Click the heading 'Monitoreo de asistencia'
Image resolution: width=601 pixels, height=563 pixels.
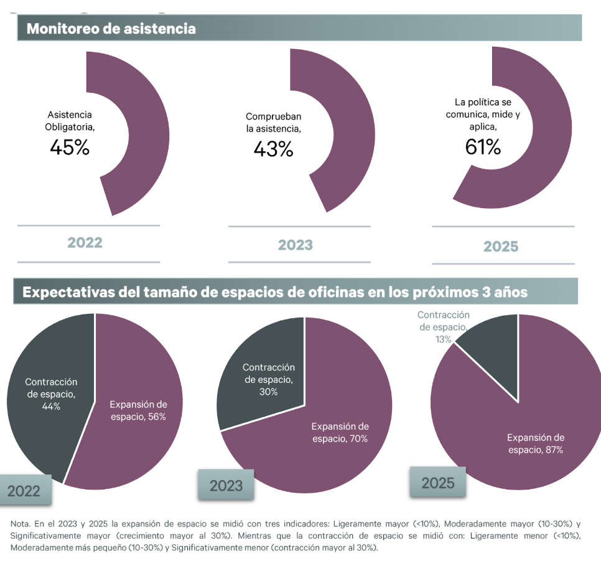tap(111, 29)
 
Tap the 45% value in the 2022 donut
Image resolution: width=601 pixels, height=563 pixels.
tap(69, 148)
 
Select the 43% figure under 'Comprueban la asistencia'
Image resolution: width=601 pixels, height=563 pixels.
tap(273, 149)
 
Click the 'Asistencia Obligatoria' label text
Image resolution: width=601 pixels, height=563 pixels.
tap(69, 121)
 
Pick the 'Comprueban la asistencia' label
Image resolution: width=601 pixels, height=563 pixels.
tap(273, 123)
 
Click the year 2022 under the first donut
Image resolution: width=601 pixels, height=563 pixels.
tap(85, 243)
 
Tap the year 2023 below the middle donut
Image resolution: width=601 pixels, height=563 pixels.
tap(295, 245)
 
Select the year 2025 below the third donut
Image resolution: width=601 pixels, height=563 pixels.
tap(501, 247)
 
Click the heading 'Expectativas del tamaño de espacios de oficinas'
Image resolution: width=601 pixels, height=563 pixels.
tap(275, 292)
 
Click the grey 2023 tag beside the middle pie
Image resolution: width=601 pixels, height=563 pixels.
tap(226, 485)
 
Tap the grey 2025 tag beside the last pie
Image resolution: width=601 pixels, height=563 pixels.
tap(438, 483)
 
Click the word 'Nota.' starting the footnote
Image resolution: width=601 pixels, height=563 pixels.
tap(22, 524)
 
